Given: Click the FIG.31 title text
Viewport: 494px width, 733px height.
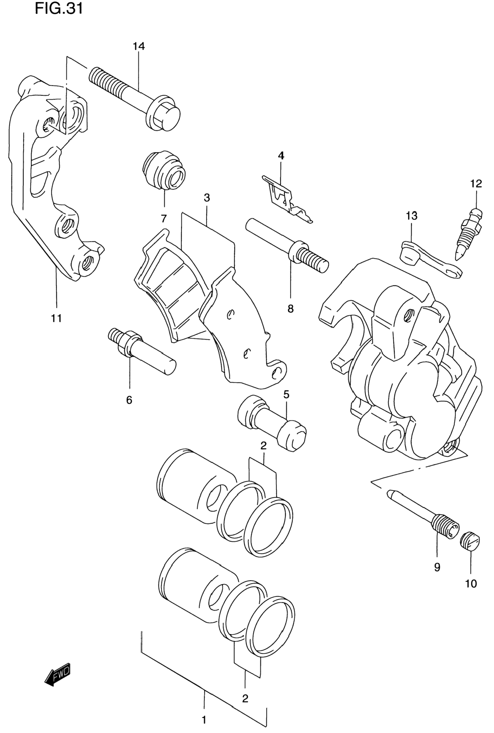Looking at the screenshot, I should (x=59, y=8).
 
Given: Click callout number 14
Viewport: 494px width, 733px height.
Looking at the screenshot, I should (x=139, y=46).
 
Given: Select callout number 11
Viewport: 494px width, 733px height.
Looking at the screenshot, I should (x=56, y=318).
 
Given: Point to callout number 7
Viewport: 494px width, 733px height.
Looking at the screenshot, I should (x=163, y=218).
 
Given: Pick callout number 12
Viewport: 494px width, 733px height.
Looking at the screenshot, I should (x=476, y=184).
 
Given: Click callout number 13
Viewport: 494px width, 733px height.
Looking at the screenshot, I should (x=412, y=216).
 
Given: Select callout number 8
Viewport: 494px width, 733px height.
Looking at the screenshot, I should (x=291, y=308).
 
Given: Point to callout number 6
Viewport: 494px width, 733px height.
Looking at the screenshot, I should (x=129, y=400).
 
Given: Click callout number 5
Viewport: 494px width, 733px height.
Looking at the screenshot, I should (x=286, y=394).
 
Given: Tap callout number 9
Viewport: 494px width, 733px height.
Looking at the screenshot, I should (x=437, y=567).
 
